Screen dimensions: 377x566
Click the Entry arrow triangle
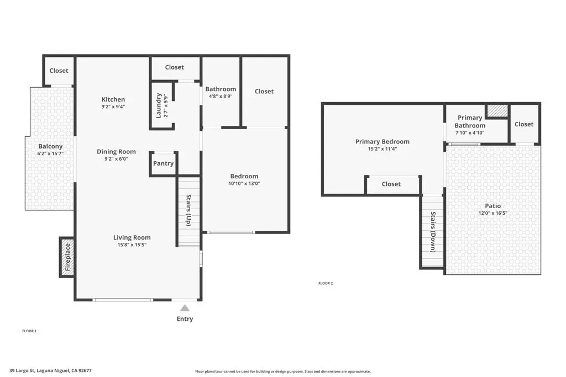coord(185,309)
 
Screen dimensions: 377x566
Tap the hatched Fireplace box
coord(67,257)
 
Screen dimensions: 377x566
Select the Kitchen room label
coord(113,99)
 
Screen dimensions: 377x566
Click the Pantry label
coord(163,163)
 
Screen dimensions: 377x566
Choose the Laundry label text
coord(159,105)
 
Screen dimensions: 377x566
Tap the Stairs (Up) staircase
coord(188,211)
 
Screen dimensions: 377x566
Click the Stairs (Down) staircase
coord(433,232)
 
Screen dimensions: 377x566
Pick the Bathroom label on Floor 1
coord(221,89)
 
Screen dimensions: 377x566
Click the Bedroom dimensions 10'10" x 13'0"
coord(244,183)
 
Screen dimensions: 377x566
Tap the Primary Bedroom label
coord(382,141)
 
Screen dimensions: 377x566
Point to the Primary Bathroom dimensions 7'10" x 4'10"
coord(470,132)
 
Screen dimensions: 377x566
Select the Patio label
coord(492,206)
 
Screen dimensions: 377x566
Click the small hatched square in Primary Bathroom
coord(497,111)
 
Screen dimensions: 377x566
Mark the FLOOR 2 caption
coord(326,283)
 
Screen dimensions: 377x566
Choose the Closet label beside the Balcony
coord(59,71)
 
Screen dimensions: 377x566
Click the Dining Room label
coord(116,152)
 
